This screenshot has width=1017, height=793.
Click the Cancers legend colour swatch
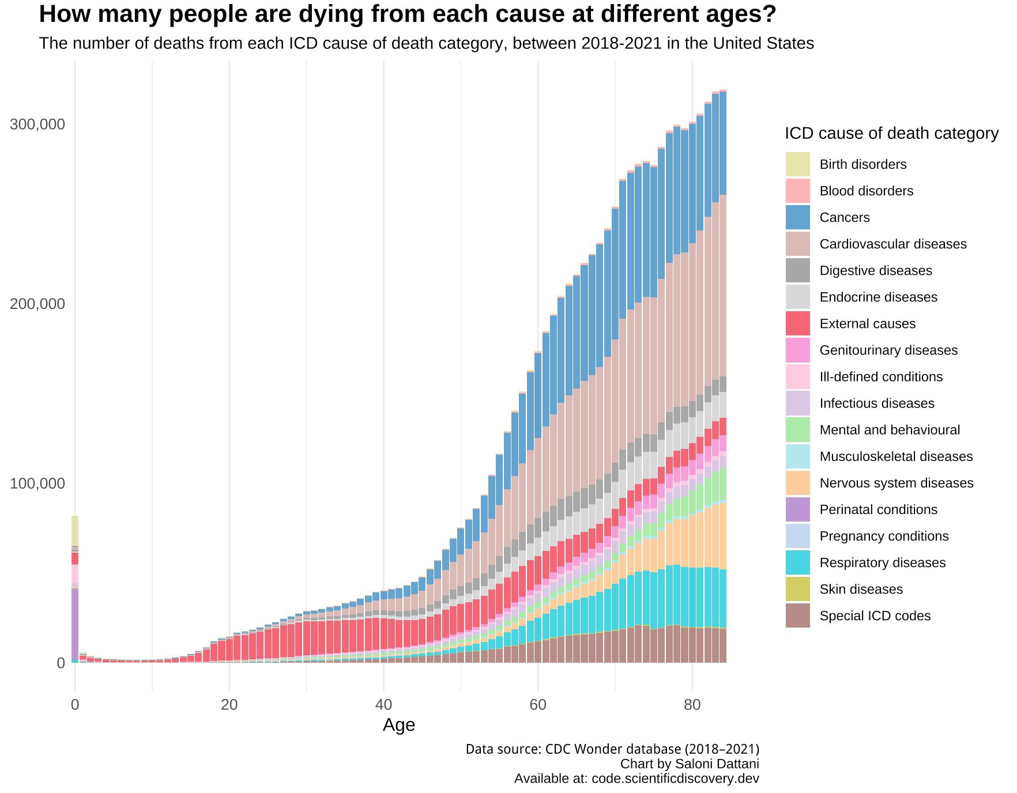pyautogui.click(x=797, y=217)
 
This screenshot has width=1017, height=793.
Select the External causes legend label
pyautogui.click(x=867, y=324)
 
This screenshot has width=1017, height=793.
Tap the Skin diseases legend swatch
pyautogui.click(x=797, y=589)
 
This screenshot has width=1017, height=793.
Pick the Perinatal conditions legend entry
pyautogui.click(x=878, y=509)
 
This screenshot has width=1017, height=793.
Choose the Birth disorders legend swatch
pyautogui.click(x=797, y=164)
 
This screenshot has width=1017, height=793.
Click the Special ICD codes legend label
pyautogui.click(x=875, y=615)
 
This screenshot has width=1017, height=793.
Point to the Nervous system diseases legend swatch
pyautogui.click(x=797, y=483)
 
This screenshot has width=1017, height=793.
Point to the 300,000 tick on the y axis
pyautogui.click(x=37, y=124)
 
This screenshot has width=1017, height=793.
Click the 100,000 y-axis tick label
pyautogui.click(x=37, y=484)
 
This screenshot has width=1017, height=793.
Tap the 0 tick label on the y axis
pyautogui.click(x=61, y=663)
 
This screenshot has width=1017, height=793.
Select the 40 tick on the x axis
pyautogui.click(x=383, y=705)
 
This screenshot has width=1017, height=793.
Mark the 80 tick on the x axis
pyautogui.click(x=692, y=705)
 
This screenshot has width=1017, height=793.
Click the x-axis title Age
pyautogui.click(x=398, y=725)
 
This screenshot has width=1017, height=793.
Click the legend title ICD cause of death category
pyautogui.click(x=891, y=134)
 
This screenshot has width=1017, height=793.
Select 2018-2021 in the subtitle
pyautogui.click(x=621, y=44)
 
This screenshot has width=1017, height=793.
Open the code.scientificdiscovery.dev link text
pyautogui.click(x=675, y=779)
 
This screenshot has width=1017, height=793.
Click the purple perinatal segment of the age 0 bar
pyautogui.click(x=75, y=622)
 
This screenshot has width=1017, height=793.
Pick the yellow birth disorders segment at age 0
pyautogui.click(x=75, y=530)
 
